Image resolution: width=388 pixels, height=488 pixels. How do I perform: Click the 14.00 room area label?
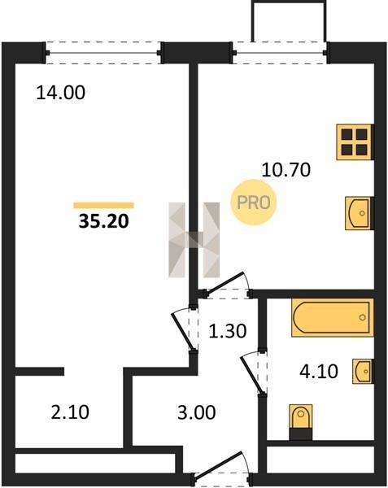[x=61, y=93]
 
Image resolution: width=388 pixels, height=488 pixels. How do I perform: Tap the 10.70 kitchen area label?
[x=286, y=170]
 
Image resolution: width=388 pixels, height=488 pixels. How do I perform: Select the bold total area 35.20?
[x=103, y=221]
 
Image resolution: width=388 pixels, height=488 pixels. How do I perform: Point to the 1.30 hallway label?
[x=228, y=331]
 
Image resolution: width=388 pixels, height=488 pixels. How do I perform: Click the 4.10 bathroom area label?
[x=319, y=372]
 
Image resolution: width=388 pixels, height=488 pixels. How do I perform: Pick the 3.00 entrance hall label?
[x=196, y=412]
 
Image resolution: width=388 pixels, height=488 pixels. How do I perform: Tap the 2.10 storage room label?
[x=70, y=412]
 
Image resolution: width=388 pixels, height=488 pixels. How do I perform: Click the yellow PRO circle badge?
[x=254, y=203]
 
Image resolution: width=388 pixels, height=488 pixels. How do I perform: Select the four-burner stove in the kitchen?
[x=355, y=142]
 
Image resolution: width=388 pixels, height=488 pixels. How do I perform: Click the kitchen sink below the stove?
[x=360, y=213]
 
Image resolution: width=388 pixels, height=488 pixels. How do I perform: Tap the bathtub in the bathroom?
[x=333, y=317]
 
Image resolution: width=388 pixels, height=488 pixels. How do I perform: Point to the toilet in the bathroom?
[x=301, y=422]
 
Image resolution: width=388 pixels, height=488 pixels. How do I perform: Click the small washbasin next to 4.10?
[x=363, y=372]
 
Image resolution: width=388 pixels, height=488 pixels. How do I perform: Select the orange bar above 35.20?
[x=103, y=206]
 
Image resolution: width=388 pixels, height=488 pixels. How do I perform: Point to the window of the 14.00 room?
[x=103, y=53]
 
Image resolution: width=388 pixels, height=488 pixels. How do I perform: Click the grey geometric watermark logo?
[x=194, y=240]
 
